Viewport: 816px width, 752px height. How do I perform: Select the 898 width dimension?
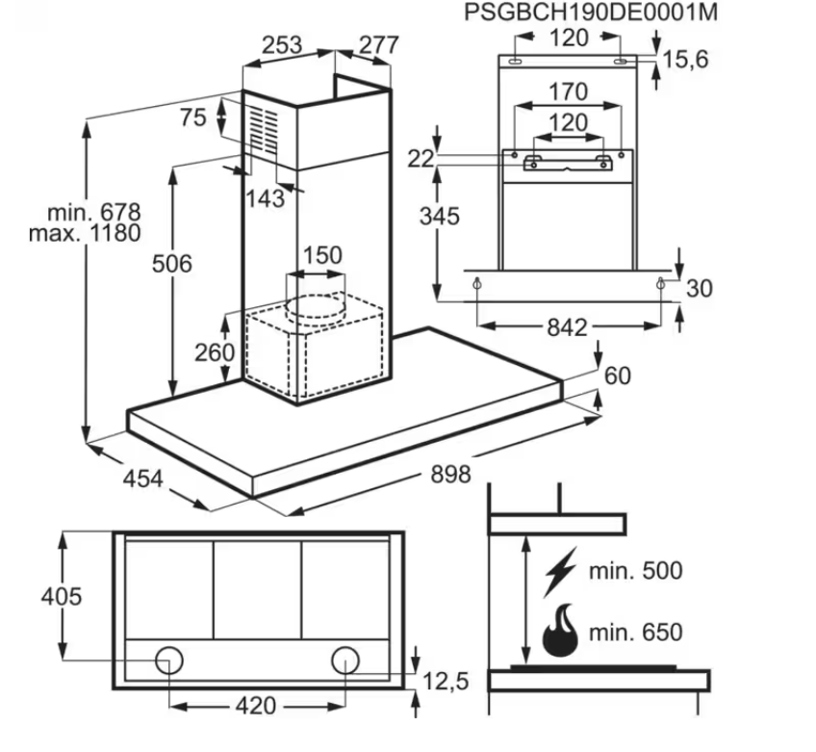click(451, 474)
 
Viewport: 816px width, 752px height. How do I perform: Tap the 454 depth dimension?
click(144, 478)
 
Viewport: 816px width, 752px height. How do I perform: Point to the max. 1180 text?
click(85, 233)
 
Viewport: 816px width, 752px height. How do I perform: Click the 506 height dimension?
click(174, 263)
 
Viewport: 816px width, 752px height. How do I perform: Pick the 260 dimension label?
click(216, 352)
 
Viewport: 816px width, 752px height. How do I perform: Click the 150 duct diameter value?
click(322, 256)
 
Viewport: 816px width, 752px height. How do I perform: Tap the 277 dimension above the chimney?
click(379, 45)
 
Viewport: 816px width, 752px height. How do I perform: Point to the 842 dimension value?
click(567, 328)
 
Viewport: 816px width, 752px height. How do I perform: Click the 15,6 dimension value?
click(685, 60)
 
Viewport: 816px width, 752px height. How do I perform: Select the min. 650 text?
click(636, 633)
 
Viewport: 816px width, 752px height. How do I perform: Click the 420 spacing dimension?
click(256, 706)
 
